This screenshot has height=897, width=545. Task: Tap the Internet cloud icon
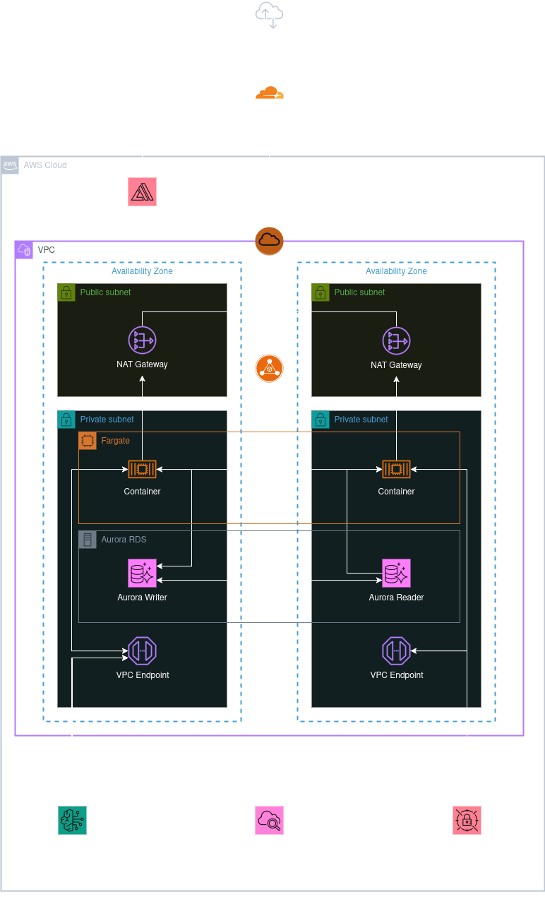pyautogui.click(x=269, y=15)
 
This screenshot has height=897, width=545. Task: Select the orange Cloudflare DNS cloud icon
pyautogui.click(x=269, y=93)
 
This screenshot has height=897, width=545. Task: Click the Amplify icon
pyautogui.click(x=142, y=191)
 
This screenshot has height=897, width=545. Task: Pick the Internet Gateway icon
pyautogui.click(x=269, y=241)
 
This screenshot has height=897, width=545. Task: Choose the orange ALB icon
pyautogui.click(x=269, y=368)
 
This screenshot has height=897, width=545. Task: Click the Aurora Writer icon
pyautogui.click(x=142, y=573)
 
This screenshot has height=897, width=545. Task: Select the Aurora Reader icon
pyautogui.click(x=396, y=573)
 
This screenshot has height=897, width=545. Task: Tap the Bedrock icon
pyautogui.click(x=72, y=820)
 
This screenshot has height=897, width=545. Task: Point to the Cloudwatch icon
pyautogui.click(x=269, y=820)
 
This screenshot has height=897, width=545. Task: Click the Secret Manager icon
pyautogui.click(x=467, y=820)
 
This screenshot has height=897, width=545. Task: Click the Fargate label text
pyautogui.click(x=116, y=441)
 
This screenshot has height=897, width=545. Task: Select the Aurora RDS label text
pyautogui.click(x=124, y=540)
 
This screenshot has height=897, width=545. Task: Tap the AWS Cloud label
pyautogui.click(x=45, y=165)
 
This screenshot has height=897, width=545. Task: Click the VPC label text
pyautogui.click(x=46, y=250)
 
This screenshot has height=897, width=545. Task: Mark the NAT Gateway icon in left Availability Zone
pyautogui.click(x=142, y=340)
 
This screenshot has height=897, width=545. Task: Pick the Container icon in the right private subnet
pyautogui.click(x=396, y=468)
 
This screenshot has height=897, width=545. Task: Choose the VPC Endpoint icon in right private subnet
pyautogui.click(x=396, y=651)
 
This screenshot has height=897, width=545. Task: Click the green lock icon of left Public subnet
pyautogui.click(x=66, y=292)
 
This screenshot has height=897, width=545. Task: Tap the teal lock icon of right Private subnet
pyautogui.click(x=321, y=420)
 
